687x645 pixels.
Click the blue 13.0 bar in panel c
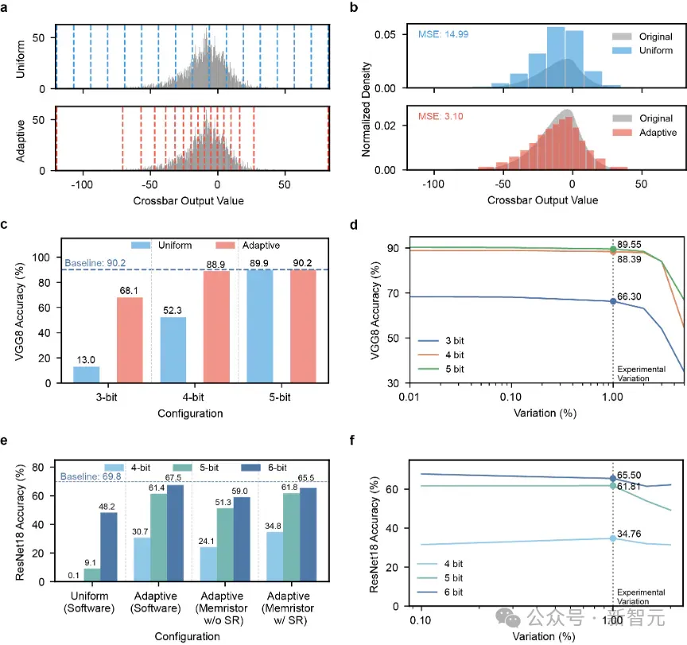(87, 375)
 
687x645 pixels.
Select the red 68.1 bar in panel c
(130, 340)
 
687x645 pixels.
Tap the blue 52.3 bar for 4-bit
(173, 350)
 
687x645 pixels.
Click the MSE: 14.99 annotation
(443, 34)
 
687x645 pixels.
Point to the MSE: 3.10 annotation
(441, 117)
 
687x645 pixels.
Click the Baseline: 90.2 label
(95, 263)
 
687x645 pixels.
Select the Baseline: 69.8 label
(91, 476)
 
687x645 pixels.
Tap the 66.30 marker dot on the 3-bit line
(613, 302)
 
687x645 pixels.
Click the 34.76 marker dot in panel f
(613, 539)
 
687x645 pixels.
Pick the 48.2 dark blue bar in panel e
(109, 547)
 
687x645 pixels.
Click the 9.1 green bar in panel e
(92, 575)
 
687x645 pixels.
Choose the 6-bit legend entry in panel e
(264, 468)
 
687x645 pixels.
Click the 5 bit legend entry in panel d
(441, 369)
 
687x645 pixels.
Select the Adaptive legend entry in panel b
(645, 133)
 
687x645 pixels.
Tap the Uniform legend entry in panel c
(161, 245)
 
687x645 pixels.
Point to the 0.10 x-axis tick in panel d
(510, 397)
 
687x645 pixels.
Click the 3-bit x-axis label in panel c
(107, 397)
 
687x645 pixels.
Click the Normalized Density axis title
(366, 110)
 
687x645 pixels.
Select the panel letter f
(352, 440)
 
